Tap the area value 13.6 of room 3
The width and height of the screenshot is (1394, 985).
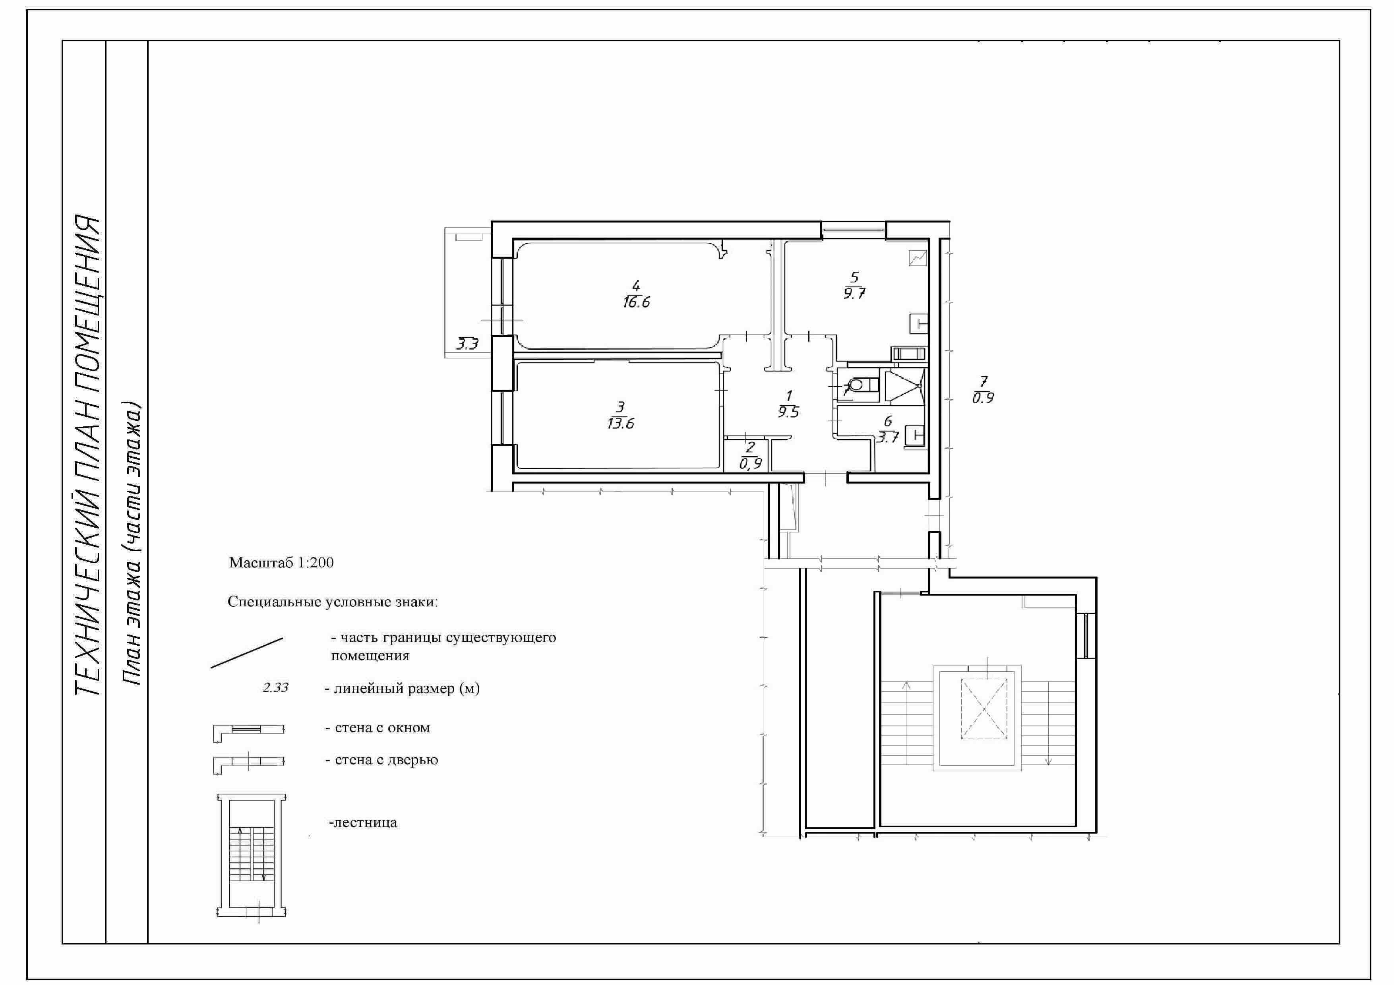(620, 424)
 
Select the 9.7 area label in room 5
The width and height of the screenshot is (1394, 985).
(854, 294)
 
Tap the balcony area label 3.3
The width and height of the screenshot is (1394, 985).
(467, 344)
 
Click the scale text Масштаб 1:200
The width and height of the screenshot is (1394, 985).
(281, 563)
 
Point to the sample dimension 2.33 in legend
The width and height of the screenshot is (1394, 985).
(275, 688)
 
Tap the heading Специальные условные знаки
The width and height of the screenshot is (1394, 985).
(333, 602)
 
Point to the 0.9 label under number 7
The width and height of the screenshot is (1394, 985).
(983, 399)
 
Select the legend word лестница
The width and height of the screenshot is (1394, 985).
(363, 823)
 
